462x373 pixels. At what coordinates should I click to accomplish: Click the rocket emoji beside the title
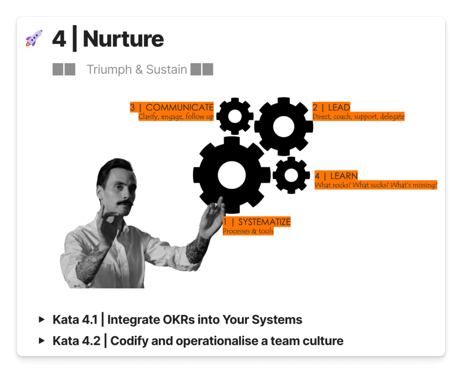[x=34, y=38]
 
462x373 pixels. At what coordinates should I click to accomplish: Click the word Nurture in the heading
[x=123, y=39]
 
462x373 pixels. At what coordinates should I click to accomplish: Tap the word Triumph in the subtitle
[x=109, y=70]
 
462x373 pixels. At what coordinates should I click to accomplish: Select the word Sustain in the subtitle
[x=166, y=69]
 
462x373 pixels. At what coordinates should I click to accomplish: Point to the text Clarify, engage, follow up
[x=176, y=117]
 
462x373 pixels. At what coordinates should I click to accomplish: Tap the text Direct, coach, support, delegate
[x=358, y=117]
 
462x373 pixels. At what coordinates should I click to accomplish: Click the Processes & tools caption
[x=248, y=231]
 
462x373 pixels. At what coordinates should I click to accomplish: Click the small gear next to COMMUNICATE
[x=235, y=116]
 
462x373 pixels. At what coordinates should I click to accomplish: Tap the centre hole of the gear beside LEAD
[x=283, y=127]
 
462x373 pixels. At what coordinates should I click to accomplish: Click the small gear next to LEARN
[x=291, y=175]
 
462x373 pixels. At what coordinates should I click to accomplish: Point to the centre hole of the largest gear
[x=231, y=175]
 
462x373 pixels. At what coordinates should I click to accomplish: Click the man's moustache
[x=125, y=203]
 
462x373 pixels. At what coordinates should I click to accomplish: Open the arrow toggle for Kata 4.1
[x=42, y=319]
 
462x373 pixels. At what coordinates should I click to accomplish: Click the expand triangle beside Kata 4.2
[x=42, y=341]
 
